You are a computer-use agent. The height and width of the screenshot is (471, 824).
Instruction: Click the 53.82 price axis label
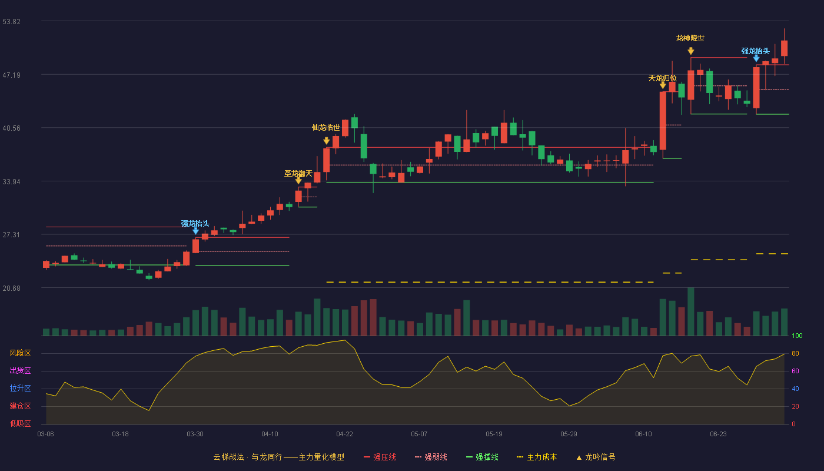pos(11,22)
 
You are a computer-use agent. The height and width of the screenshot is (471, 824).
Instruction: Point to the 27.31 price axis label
pos(11,235)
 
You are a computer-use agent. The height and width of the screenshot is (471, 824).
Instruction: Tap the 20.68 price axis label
pos(11,288)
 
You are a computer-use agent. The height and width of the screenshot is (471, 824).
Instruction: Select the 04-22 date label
pos(344,434)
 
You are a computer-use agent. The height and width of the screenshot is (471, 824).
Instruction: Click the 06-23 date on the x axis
pos(718,434)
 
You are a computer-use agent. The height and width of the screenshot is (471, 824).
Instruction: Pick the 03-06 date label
pos(46,434)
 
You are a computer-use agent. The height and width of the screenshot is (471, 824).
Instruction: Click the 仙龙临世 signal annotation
pos(326,128)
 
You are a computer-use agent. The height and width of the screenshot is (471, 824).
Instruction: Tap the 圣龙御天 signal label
pos(298,173)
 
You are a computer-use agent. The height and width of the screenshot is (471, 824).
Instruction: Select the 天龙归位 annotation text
pos(663,78)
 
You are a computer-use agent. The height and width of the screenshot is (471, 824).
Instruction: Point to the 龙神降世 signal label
pos(690,38)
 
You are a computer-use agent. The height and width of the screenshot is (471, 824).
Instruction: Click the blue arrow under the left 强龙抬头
pos(195,231)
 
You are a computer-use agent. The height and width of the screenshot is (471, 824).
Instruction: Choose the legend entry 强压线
pos(380,457)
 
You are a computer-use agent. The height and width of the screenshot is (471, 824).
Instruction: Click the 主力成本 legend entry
pos(537,457)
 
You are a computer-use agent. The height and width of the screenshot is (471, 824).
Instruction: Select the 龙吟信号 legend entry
pos(596,457)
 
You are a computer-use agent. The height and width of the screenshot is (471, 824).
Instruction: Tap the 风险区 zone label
pos(20,353)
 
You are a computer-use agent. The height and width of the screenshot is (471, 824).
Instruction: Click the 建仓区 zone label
pos(20,406)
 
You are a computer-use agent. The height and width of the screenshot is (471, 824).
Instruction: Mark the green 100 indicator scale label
pos(797,336)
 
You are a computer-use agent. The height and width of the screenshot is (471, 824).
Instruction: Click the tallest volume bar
pos(691,311)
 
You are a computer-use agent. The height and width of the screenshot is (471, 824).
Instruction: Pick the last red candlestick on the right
pos(784,48)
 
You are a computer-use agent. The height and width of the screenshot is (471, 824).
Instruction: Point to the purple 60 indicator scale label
pos(795,371)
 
